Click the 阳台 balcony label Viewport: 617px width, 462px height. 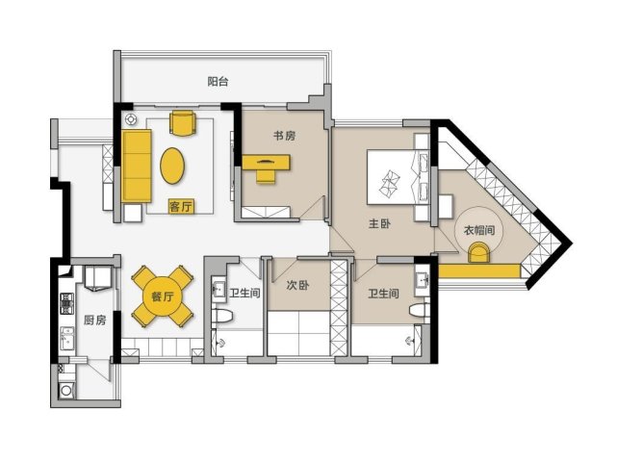pyautogui.click(x=218, y=82)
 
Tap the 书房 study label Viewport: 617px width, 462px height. pyautogui.click(x=285, y=136)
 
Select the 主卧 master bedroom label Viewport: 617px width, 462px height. pyautogui.click(x=379, y=223)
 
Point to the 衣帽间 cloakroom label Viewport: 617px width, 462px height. pyautogui.click(x=479, y=230)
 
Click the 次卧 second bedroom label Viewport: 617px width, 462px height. pyautogui.click(x=297, y=285)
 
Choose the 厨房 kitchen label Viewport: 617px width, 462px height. pyautogui.click(x=95, y=320)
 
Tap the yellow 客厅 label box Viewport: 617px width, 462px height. pyautogui.click(x=181, y=206)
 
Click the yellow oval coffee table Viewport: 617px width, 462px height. pyautogui.click(x=172, y=166)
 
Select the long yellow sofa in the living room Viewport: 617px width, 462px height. pyautogui.click(x=137, y=167)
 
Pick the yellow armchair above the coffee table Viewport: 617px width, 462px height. pyautogui.click(x=183, y=123)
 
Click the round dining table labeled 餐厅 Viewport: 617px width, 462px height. pyautogui.click(x=162, y=296)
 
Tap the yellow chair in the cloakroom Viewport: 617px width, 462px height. pyautogui.click(x=479, y=252)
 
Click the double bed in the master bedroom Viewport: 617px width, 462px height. pyautogui.click(x=398, y=177)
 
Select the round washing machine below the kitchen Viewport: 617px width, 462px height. pyautogui.click(x=65, y=391)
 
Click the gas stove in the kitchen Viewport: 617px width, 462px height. pyautogui.click(x=66, y=304)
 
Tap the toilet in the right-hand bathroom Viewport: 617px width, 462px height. pyautogui.click(x=419, y=311)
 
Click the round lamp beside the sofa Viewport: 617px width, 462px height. pyautogui.click(x=131, y=118)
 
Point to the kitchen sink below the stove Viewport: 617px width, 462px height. pyautogui.click(x=66, y=339)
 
